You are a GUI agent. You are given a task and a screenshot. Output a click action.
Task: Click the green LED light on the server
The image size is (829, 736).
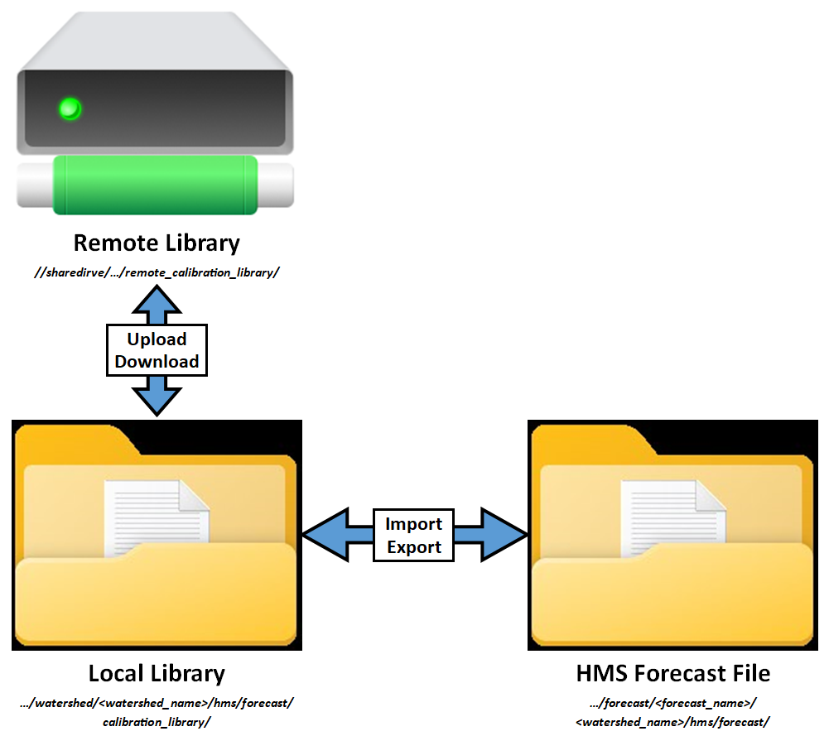tap(70, 108)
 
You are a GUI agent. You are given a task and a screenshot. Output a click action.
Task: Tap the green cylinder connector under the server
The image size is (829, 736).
tap(156, 184)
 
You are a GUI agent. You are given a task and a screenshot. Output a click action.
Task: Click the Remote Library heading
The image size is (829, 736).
tap(157, 243)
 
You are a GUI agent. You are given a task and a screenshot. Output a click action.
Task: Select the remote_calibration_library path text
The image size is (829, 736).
tap(157, 272)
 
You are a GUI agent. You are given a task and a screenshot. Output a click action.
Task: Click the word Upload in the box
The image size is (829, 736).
tap(157, 339)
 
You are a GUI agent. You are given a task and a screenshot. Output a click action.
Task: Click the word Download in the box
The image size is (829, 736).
tap(157, 362)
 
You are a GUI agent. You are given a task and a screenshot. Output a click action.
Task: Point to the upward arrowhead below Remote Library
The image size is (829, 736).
tap(157, 297)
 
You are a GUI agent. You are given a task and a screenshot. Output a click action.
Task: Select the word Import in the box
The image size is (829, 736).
tap(414, 524)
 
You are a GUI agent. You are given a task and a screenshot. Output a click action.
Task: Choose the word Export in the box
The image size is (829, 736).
tap(414, 547)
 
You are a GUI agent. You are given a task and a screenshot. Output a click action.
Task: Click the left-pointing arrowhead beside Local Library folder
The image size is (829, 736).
tap(323, 536)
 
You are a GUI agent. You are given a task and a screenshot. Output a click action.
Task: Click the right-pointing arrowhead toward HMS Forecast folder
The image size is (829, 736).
tap(506, 536)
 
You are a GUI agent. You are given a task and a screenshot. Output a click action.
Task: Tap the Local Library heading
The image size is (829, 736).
tap(157, 673)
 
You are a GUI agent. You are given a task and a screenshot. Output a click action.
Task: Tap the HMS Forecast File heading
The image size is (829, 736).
tap(673, 673)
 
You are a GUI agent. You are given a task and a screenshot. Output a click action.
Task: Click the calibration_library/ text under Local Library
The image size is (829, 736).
tap(157, 722)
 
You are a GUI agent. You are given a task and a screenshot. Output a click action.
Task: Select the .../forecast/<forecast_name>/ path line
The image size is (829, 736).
tap(673, 703)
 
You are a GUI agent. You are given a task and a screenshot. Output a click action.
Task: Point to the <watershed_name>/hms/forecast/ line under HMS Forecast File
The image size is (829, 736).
tap(673, 722)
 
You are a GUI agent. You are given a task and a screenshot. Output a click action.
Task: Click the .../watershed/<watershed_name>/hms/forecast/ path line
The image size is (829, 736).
tap(157, 703)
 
